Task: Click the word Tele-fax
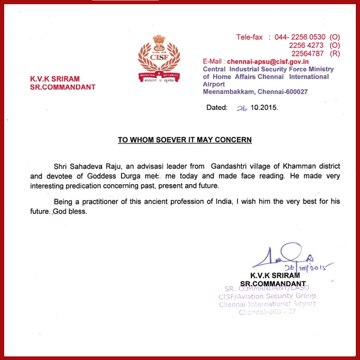coord(250,37)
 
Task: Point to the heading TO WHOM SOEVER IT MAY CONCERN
coord(184,140)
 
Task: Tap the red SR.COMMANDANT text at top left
coord(62,87)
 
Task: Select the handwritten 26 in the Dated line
coord(242,107)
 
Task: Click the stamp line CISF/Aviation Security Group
coord(268,295)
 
